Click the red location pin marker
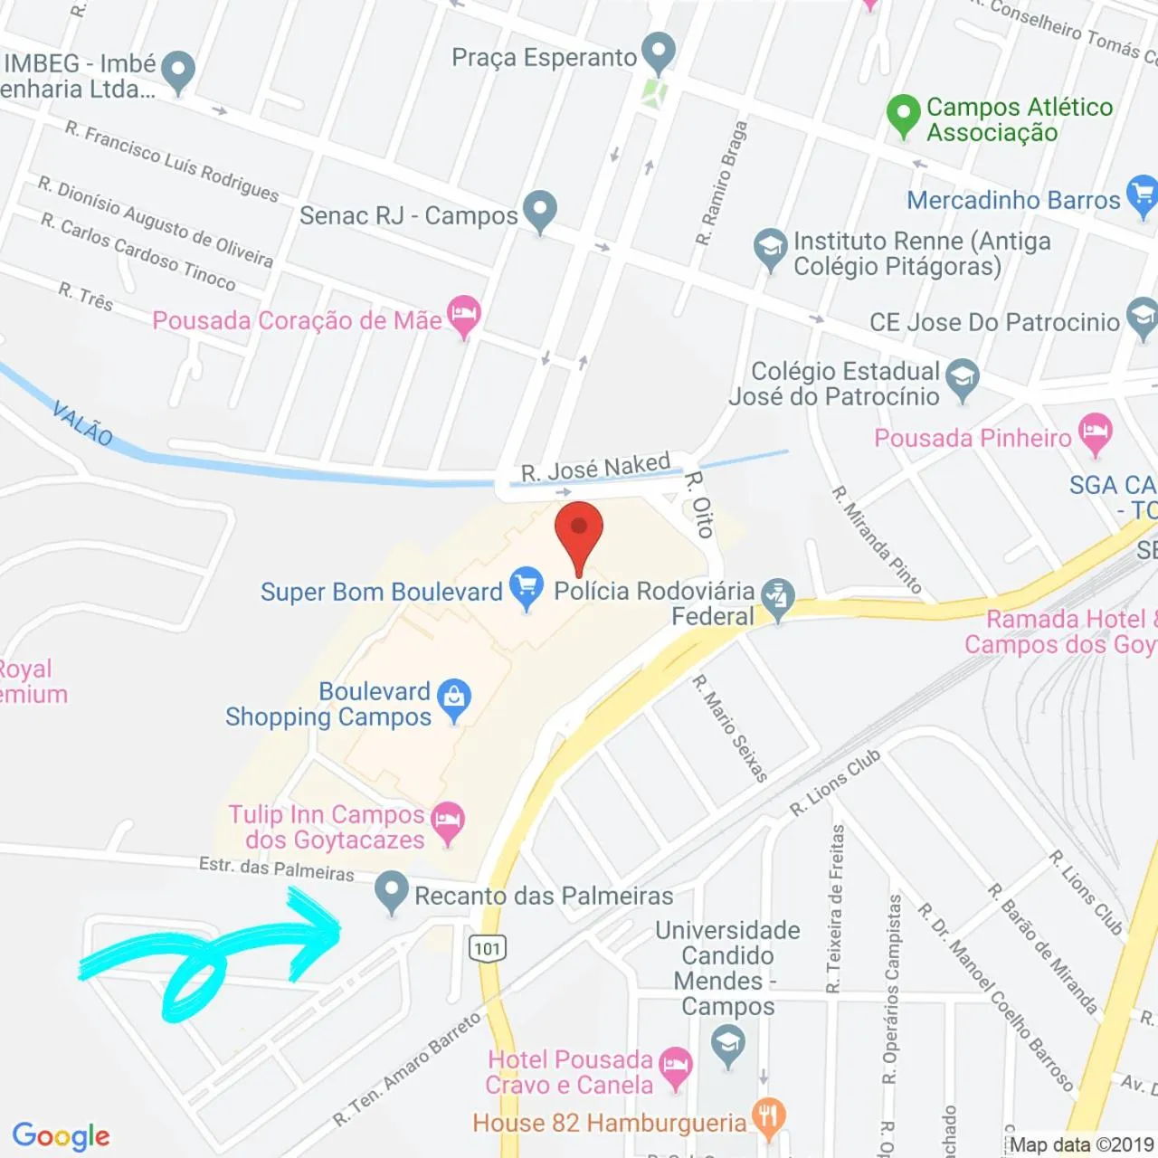pos(579,528)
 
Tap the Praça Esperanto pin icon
pos(659,52)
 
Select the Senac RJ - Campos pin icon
pos(540,210)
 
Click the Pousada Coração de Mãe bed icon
pos(464,316)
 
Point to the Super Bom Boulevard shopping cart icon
pos(527,586)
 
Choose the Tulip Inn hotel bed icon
pos(448,821)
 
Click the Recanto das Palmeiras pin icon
pos(392,890)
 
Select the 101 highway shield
pos(487,948)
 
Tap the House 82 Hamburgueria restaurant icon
pos(769,1118)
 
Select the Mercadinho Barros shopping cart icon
pos(1142,196)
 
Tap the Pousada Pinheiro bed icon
pos(1096,433)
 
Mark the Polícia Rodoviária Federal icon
pos(777,597)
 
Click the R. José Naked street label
pos(595,468)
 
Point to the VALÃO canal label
pos(82,422)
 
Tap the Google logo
pos(62,1135)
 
